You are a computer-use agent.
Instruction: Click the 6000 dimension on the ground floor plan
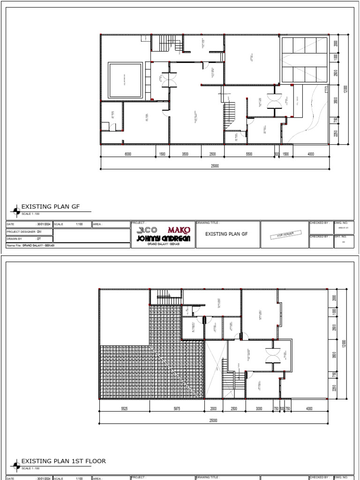pos(128,154)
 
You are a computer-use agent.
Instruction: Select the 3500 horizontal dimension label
pos(185,154)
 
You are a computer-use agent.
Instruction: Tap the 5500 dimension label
pos(249,154)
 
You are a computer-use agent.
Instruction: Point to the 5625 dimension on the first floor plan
pos(124,409)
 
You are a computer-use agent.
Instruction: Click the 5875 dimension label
pos(177,409)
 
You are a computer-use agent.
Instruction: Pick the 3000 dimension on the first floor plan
pos(259,409)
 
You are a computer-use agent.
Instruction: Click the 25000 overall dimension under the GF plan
pos(215,166)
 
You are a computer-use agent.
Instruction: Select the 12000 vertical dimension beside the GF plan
pos(345,89)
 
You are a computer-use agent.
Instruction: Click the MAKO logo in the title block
pos(180,230)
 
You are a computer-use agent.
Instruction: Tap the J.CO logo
pos(147,230)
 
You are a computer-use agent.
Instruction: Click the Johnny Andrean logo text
pos(163,238)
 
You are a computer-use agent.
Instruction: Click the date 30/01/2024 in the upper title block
pos(44,224)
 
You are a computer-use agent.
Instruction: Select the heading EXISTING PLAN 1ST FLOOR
pos(64,461)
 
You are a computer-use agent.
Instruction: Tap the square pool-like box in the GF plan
pos(125,80)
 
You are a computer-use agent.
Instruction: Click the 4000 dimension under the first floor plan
pos(309,409)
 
